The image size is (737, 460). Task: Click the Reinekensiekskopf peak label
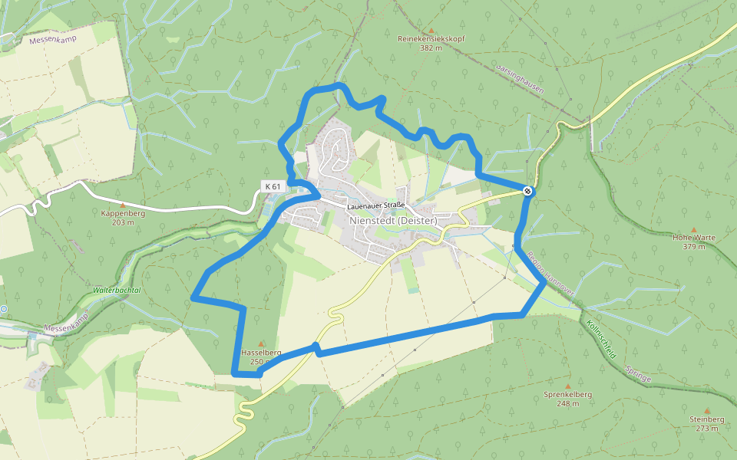click(x=431, y=38)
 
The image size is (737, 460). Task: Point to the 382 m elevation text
click(x=431, y=48)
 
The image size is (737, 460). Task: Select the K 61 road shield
click(x=273, y=186)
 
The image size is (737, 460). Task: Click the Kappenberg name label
click(x=122, y=214)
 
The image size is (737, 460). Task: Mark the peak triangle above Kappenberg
click(x=122, y=205)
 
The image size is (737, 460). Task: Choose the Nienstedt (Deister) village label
click(x=393, y=221)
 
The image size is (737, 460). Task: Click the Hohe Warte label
click(x=694, y=238)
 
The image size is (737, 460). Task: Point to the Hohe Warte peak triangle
click(x=694, y=228)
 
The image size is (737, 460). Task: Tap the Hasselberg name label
click(x=262, y=353)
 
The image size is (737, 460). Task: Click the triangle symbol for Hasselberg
click(x=262, y=343)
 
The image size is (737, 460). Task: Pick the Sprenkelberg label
click(x=568, y=394)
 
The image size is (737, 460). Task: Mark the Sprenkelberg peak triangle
click(x=568, y=386)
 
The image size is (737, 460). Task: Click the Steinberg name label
click(x=706, y=419)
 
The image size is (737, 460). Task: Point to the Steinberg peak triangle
click(x=706, y=410)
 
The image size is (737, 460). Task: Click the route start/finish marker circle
click(x=527, y=191)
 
